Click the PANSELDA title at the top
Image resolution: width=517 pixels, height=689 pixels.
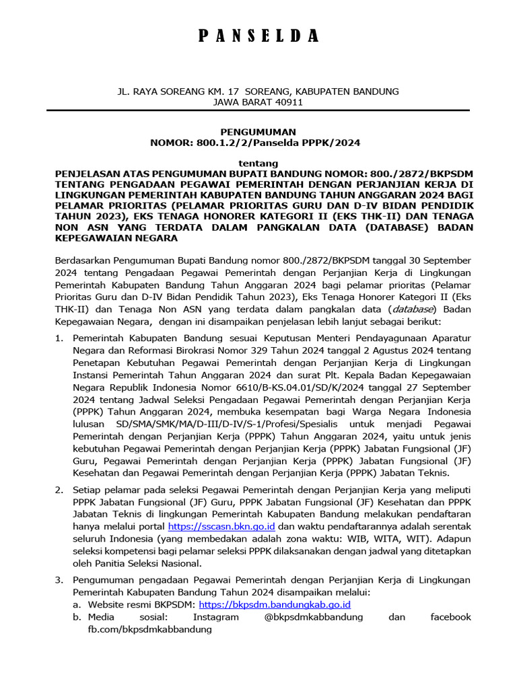pyautogui.click(x=258, y=36)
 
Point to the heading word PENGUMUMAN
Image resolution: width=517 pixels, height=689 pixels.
pyautogui.click(x=258, y=132)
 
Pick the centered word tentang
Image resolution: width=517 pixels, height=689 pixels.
pyautogui.click(x=258, y=164)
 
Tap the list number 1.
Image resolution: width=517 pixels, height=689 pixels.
pyautogui.click(x=58, y=337)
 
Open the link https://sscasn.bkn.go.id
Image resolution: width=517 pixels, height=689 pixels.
pyautogui.click(x=221, y=526)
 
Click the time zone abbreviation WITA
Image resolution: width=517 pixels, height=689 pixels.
pyautogui.click(x=414, y=538)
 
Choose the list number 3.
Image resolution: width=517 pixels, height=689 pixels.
pyautogui.click(x=58, y=579)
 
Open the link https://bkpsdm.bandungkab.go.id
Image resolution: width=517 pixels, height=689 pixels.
pyautogui.click(x=275, y=604)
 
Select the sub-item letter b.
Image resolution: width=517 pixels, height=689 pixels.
pyautogui.click(x=77, y=616)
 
